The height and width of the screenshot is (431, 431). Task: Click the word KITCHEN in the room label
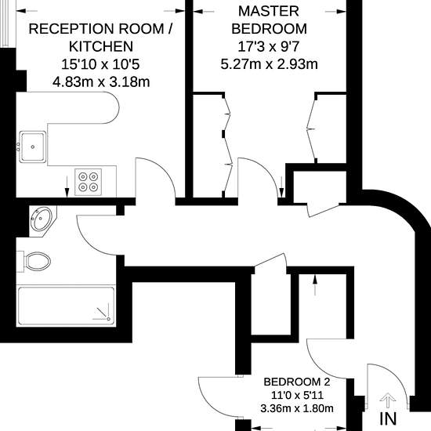point(101,46)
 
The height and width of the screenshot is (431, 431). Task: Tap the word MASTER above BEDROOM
point(269,11)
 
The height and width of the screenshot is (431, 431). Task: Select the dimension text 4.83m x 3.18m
point(101,82)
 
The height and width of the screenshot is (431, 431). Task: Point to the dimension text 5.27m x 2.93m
point(269,64)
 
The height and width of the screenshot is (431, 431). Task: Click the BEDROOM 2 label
point(297,382)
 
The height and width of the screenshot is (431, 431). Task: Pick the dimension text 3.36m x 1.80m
point(297,408)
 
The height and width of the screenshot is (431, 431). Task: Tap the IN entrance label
point(388,419)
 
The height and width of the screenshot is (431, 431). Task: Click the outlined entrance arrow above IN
point(388,400)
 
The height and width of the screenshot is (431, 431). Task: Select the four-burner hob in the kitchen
point(89,182)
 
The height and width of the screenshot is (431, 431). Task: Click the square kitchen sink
point(33,147)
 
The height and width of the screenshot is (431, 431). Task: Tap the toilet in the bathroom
point(34,262)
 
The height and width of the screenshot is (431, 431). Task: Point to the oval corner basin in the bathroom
point(42,219)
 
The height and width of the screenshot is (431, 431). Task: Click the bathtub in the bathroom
point(66,306)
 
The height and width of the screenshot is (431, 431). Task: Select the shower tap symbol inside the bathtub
point(103,313)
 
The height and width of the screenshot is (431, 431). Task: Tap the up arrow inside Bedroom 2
point(315,284)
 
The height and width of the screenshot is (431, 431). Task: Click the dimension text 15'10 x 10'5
point(100,64)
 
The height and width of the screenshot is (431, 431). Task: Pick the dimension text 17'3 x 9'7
point(268,47)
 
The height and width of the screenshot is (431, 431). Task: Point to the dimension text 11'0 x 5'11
point(297,395)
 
